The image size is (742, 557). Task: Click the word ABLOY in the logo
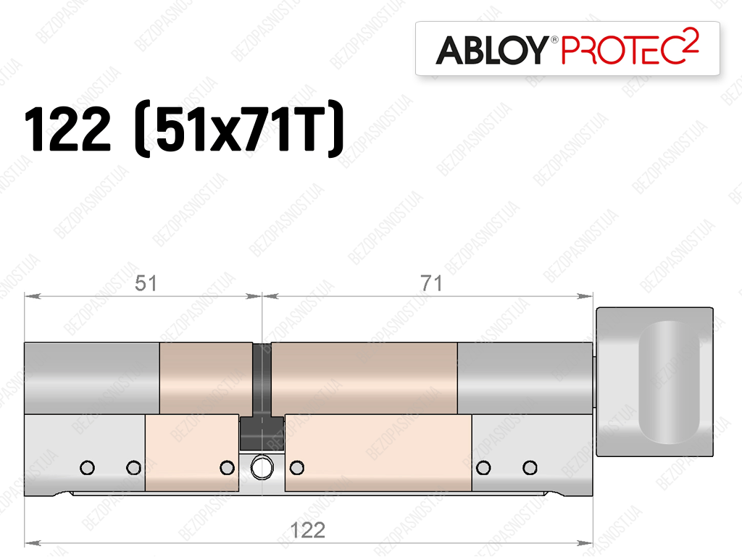tap(492, 50)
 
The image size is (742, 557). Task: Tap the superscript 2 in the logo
tap(691, 39)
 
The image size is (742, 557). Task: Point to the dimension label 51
tap(145, 283)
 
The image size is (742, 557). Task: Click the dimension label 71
tap(431, 283)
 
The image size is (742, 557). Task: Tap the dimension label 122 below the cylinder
tap(307, 530)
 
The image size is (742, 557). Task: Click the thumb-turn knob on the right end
tap(654, 382)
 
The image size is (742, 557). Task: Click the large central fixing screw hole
tap(262, 468)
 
